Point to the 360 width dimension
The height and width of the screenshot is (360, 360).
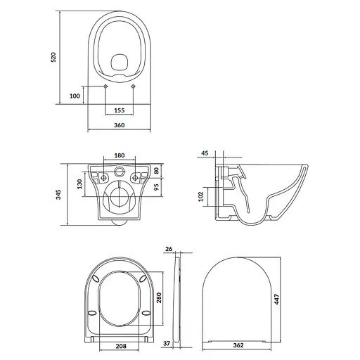click(x=118, y=125)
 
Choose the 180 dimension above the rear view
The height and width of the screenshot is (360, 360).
click(x=119, y=156)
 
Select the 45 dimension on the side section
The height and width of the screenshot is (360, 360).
click(x=205, y=153)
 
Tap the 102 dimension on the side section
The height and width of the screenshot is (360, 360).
click(x=202, y=196)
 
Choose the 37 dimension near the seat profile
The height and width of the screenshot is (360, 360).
click(x=167, y=344)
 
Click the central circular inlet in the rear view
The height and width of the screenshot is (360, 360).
click(x=119, y=171)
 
